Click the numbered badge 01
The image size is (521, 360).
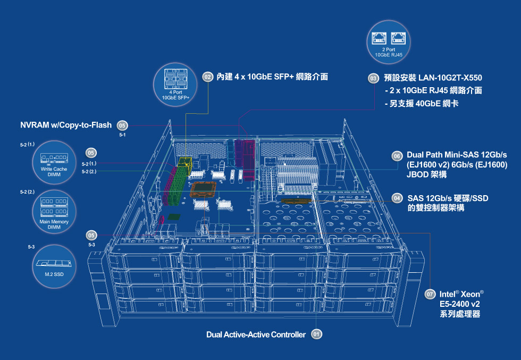pyautogui.click(x=316, y=334)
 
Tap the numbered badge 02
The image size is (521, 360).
pyautogui.click(x=208, y=77)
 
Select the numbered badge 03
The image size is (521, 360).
pyautogui.click(x=373, y=79)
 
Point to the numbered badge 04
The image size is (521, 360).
pyautogui.click(x=397, y=198)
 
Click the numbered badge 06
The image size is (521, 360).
pyautogui.click(x=397, y=156)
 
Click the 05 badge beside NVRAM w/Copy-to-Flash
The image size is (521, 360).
pyautogui.click(x=122, y=125)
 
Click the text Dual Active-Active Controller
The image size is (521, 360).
pyautogui.click(x=256, y=334)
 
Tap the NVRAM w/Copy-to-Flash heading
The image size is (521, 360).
pyautogui.click(x=66, y=125)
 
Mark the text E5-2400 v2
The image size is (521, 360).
pyautogui.click(x=459, y=304)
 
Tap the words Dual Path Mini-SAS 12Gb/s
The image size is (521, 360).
pyautogui.click(x=457, y=154)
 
